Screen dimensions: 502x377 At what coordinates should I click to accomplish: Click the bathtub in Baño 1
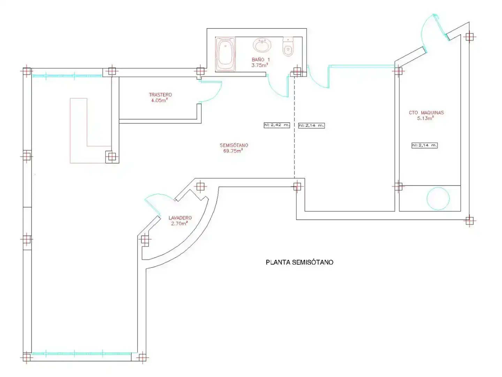225,54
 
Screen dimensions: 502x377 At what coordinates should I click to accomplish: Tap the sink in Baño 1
262,45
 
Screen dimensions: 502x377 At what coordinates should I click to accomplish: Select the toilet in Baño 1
288,47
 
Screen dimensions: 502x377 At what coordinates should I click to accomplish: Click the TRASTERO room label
160,95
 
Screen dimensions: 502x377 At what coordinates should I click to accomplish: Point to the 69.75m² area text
233,150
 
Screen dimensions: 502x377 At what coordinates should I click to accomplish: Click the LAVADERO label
180,218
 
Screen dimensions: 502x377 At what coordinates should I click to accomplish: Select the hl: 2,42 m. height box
277,125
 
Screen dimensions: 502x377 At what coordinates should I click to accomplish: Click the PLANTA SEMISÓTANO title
299,262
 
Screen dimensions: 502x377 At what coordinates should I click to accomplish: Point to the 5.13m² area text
425,118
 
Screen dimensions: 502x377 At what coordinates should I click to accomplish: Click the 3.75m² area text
260,65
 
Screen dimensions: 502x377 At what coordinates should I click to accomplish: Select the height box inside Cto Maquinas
425,145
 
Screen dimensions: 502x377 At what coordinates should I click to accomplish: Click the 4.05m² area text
159,100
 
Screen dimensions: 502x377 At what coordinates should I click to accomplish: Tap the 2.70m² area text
179,223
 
